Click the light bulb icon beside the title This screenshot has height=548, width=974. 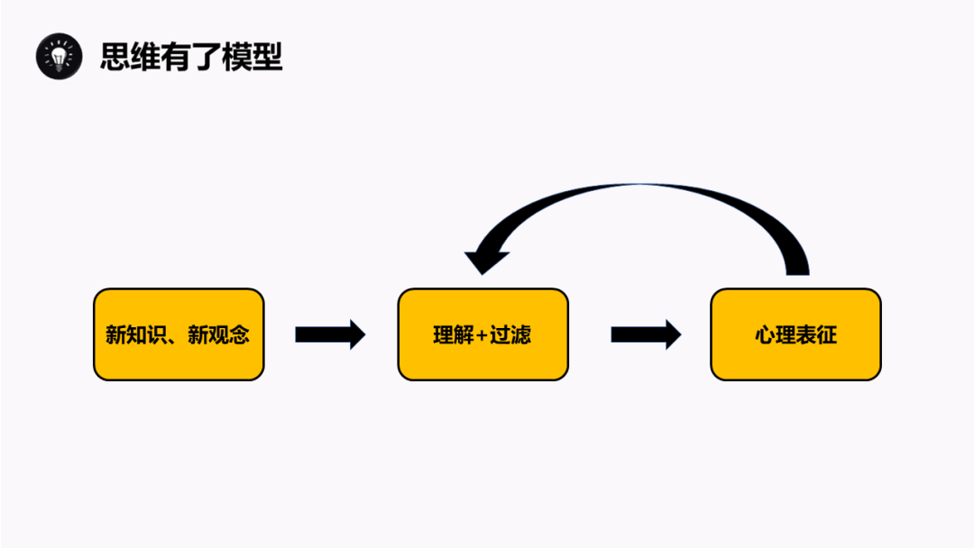(59, 56)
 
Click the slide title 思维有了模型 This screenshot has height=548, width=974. (191, 57)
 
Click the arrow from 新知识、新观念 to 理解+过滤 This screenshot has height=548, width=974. (330, 334)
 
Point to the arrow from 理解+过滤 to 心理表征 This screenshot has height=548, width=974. (646, 334)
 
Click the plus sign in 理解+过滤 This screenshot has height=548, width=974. (482, 335)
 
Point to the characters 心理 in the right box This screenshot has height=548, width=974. (775, 335)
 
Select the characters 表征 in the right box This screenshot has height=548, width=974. (816, 335)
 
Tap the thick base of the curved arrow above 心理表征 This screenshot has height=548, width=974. (796, 264)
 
